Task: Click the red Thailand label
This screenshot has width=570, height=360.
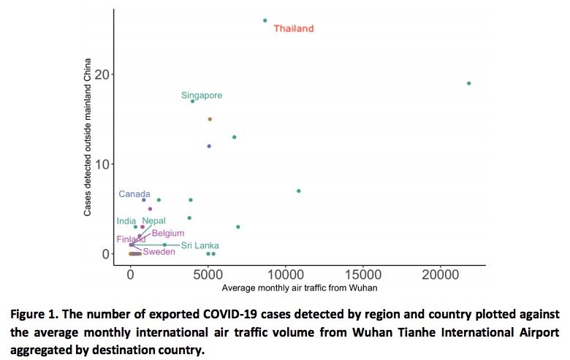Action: (293, 28)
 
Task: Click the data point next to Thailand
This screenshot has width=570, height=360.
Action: (265, 20)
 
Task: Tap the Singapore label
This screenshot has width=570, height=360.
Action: (202, 96)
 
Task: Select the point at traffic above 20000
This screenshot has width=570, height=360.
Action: (468, 83)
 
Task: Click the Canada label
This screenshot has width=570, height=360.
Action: (134, 194)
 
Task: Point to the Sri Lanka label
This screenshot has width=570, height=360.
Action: (200, 245)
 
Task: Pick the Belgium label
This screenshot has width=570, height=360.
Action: (168, 233)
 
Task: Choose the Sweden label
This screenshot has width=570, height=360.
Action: (159, 252)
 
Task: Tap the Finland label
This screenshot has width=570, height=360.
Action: (131, 240)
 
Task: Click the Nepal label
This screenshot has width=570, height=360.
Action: (153, 221)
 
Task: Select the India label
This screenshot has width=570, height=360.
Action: (126, 221)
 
